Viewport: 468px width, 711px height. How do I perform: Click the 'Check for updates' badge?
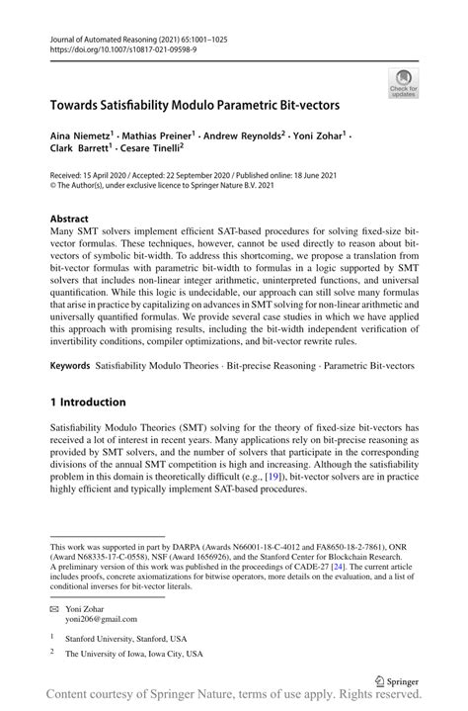click(x=403, y=83)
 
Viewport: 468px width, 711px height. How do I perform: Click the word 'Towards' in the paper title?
click(x=78, y=103)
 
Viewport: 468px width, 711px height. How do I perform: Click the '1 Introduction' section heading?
click(x=88, y=402)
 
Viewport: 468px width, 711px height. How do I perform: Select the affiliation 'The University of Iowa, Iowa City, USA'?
click(x=133, y=654)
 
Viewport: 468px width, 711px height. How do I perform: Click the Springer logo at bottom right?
click(x=397, y=680)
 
